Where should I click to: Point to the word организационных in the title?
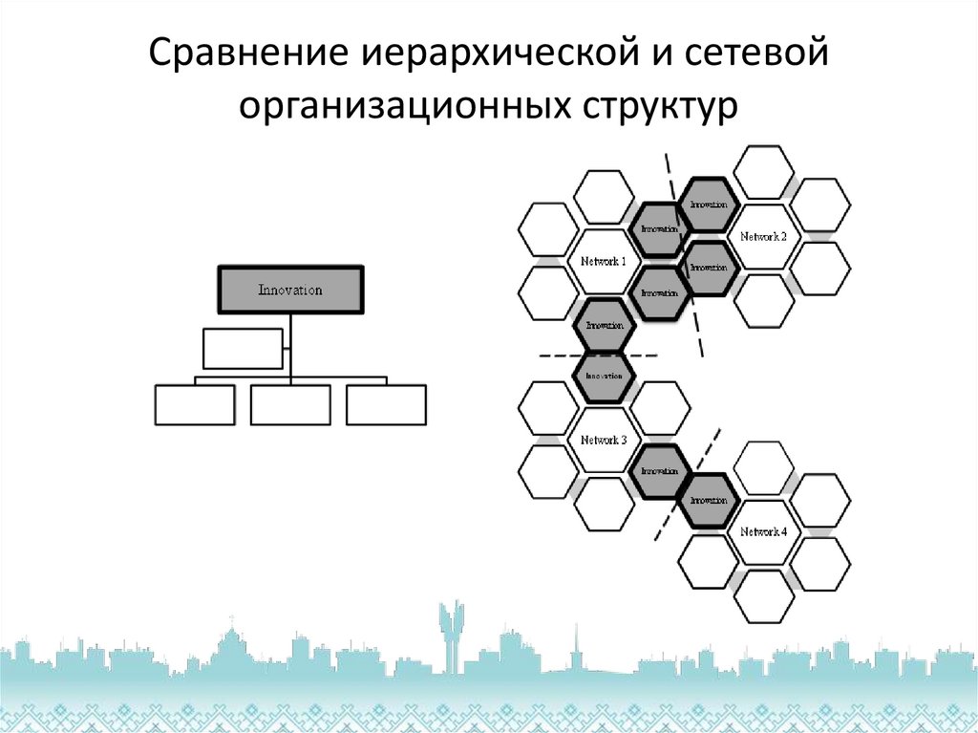399,104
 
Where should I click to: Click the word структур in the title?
656,104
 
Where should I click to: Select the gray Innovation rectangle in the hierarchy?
290,290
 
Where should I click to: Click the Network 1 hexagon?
604,261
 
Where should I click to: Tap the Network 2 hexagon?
764,236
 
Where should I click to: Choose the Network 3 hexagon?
604,441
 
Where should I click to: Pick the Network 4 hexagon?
764,531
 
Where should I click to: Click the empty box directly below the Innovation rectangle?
243,348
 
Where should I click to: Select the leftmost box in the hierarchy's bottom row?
195,404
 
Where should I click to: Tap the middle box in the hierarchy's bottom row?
290,404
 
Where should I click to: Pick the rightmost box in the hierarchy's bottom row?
386,404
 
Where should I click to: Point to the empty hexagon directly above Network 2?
764,172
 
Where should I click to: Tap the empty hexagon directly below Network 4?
764,595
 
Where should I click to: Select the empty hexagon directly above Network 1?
604,197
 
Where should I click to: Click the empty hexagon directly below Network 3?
604,504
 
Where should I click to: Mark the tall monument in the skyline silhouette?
450,631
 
